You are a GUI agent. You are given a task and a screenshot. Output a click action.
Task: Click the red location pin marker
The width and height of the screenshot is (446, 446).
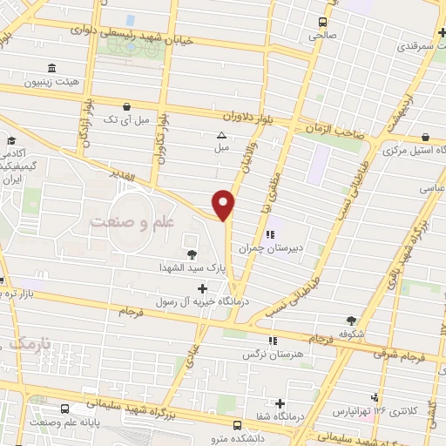click(225, 203)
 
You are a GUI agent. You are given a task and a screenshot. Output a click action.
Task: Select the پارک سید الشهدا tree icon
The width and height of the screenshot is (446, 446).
click(191, 254)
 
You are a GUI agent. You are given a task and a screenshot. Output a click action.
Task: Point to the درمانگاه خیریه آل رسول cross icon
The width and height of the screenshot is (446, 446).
click(203, 288)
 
